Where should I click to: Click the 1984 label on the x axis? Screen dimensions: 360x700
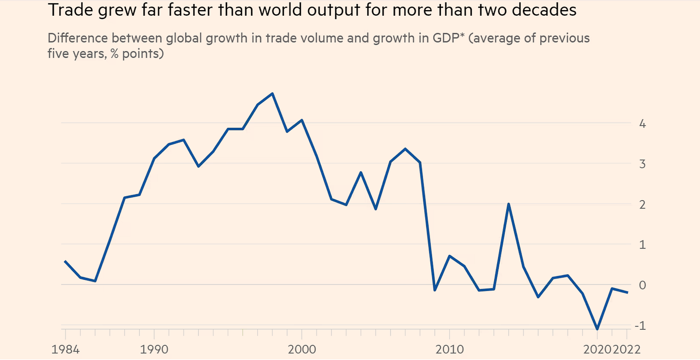point(66,349)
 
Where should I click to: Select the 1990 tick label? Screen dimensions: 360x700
point(155,349)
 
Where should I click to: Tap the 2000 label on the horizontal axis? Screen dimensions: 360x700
point(302,349)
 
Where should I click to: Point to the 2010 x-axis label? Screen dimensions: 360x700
point(449,349)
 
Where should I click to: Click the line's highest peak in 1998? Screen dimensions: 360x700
point(273,94)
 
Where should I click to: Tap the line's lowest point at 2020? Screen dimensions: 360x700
point(598,330)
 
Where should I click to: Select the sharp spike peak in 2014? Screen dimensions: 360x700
point(508,204)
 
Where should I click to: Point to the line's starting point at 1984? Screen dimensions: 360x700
point(65,261)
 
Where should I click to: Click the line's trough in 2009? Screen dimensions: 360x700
point(435,290)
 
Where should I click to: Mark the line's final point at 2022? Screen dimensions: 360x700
point(627,293)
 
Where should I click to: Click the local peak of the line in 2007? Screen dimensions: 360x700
point(405,149)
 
